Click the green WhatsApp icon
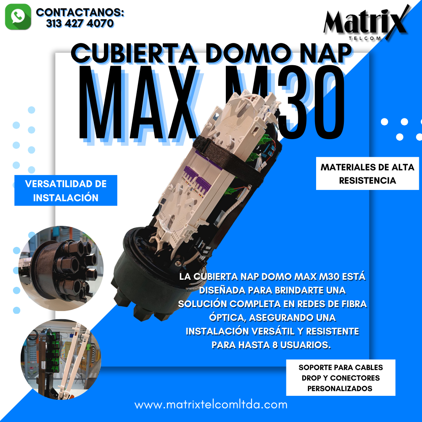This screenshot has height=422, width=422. click(x=18, y=17)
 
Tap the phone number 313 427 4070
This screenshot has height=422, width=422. click(x=80, y=23)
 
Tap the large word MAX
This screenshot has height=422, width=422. click(x=137, y=103)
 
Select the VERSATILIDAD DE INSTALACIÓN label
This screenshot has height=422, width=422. click(x=66, y=191)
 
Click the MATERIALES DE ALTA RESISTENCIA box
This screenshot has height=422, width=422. click(x=367, y=173)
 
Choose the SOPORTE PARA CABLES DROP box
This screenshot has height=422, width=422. click(x=340, y=377)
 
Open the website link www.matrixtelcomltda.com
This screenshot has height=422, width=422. click(x=211, y=405)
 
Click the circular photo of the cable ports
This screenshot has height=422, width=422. click(x=61, y=268)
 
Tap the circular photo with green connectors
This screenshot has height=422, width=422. click(x=61, y=359)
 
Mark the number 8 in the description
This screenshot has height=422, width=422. click(x=275, y=345)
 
